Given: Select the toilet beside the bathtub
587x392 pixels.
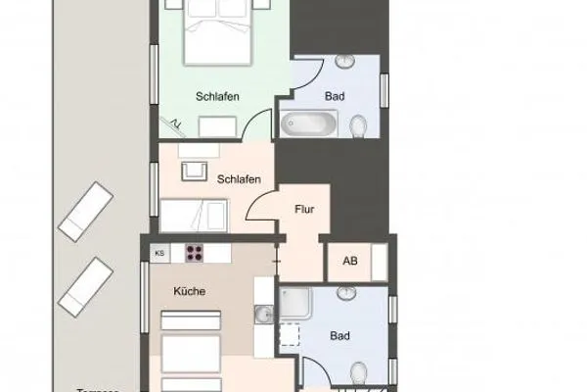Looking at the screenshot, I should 359,126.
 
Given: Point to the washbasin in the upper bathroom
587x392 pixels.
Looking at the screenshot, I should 347,61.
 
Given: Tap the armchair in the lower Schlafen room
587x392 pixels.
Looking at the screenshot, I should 196,169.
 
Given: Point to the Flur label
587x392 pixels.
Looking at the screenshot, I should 303,209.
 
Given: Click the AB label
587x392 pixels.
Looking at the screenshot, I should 349,262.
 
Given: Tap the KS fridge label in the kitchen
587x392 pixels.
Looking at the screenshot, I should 158,253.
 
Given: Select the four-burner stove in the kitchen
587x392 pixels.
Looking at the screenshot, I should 194,253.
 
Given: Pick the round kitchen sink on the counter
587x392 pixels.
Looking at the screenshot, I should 263,314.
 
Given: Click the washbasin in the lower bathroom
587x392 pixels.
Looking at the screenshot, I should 346,293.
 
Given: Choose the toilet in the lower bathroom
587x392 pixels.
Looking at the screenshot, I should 358,369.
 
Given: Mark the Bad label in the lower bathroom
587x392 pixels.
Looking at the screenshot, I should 339,336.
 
